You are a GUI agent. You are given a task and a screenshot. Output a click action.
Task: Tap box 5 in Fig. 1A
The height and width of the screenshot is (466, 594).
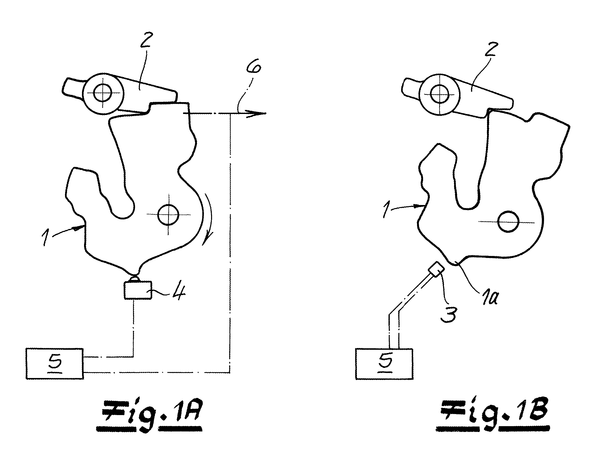pos(55,364)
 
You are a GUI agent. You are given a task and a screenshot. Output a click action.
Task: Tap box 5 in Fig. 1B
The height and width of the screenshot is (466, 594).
pos(384,364)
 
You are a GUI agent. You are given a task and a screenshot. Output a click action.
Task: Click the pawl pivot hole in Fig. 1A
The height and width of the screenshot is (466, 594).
pos(102,93)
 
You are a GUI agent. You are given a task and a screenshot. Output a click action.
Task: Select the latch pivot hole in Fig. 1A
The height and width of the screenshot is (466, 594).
pos(168,214)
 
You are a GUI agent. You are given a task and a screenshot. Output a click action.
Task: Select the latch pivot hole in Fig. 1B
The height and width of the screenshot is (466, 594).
pos(508,222)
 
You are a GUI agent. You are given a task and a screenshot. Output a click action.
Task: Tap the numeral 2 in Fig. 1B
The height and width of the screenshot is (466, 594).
pos(491,49)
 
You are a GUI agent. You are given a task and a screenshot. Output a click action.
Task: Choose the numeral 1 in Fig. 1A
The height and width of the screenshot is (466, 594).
pos(45,237)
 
